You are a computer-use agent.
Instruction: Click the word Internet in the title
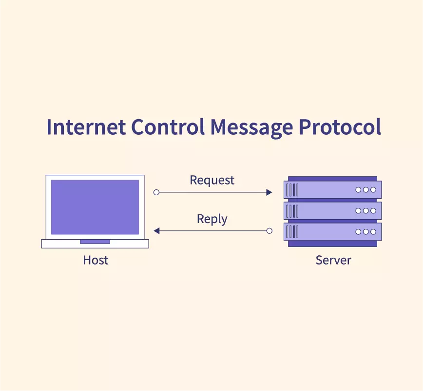tap(86, 126)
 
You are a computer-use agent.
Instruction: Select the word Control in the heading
tap(168, 126)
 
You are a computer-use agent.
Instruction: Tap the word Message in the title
tap(251, 128)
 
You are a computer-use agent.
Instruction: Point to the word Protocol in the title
tap(340, 126)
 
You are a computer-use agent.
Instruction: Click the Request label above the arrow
tap(212, 181)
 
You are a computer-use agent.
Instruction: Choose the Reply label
tap(212, 219)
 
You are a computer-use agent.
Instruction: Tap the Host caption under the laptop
tap(96, 260)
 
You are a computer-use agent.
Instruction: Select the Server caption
tap(333, 260)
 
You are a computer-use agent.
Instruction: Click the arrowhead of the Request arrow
tap(269, 192)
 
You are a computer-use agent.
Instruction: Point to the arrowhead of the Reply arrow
tap(156, 231)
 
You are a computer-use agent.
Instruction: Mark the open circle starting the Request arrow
tap(156, 192)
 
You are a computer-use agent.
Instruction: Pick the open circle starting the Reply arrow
tap(269, 231)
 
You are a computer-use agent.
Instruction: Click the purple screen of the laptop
tap(95, 207)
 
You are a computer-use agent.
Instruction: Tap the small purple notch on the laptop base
tap(95, 242)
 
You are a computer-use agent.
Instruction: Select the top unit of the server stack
tap(333, 190)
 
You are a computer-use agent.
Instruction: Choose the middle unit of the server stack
tap(333, 211)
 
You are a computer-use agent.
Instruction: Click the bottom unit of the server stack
tap(333, 231)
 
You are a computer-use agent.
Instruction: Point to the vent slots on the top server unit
tap(292, 190)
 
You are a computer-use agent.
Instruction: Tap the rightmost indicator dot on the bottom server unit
tap(373, 231)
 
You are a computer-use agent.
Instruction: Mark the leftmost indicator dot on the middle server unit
tap(358, 211)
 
